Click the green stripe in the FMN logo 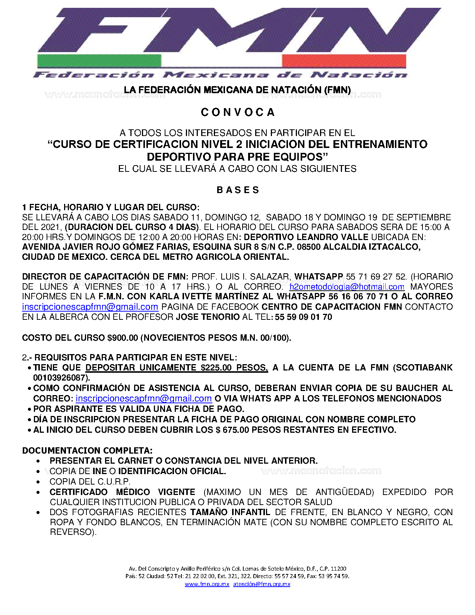[x=99, y=61]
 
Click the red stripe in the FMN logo [x=343, y=61]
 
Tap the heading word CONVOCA [x=238, y=112]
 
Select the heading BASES [x=238, y=190]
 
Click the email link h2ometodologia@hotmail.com [x=346, y=287]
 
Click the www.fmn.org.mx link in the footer [x=207, y=584]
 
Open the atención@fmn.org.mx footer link [x=262, y=584]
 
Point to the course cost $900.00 [x=123, y=338]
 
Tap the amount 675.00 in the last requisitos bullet [x=235, y=430]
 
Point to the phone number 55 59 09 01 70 [x=303, y=317]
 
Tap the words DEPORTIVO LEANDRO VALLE [x=306, y=237]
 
